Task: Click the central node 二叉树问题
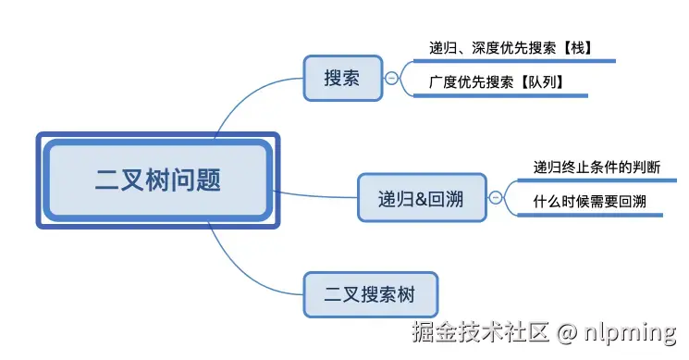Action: pyautogui.click(x=158, y=180)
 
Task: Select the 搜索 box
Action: pyautogui.click(x=342, y=78)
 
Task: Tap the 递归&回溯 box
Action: pyautogui.click(x=422, y=197)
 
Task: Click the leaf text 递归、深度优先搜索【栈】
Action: pyautogui.click(x=511, y=46)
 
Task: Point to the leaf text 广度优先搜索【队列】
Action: pyautogui.click(x=496, y=82)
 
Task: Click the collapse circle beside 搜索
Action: pyautogui.click(x=391, y=79)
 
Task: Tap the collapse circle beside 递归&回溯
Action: pyautogui.click(x=495, y=196)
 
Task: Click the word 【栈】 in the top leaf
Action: pyautogui.click(x=573, y=46)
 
